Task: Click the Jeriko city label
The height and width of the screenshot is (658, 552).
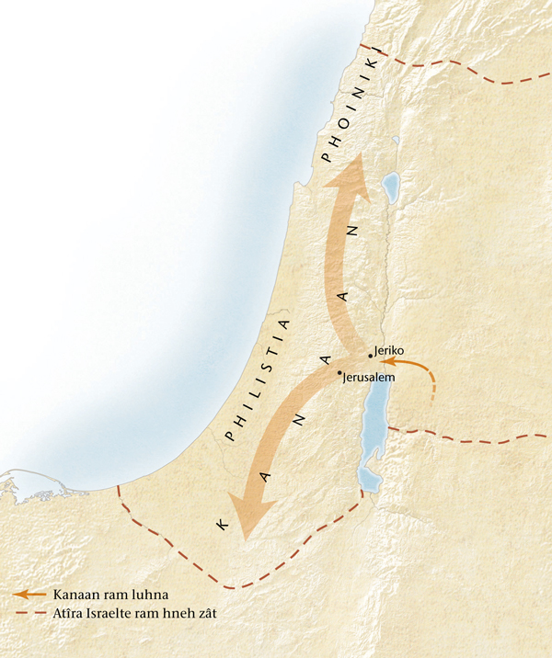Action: (x=389, y=351)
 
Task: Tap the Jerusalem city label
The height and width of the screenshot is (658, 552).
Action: (x=368, y=378)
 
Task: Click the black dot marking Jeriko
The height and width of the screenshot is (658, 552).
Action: (x=370, y=356)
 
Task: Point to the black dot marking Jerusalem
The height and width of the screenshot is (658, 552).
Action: (x=339, y=372)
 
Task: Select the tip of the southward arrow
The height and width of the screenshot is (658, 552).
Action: (x=244, y=540)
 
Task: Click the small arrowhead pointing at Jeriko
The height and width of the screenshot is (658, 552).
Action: (x=386, y=364)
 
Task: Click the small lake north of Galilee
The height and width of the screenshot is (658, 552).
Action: (x=395, y=143)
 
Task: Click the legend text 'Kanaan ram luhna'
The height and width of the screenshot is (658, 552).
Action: (x=102, y=595)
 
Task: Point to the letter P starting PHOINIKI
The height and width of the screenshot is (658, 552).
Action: (x=326, y=159)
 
